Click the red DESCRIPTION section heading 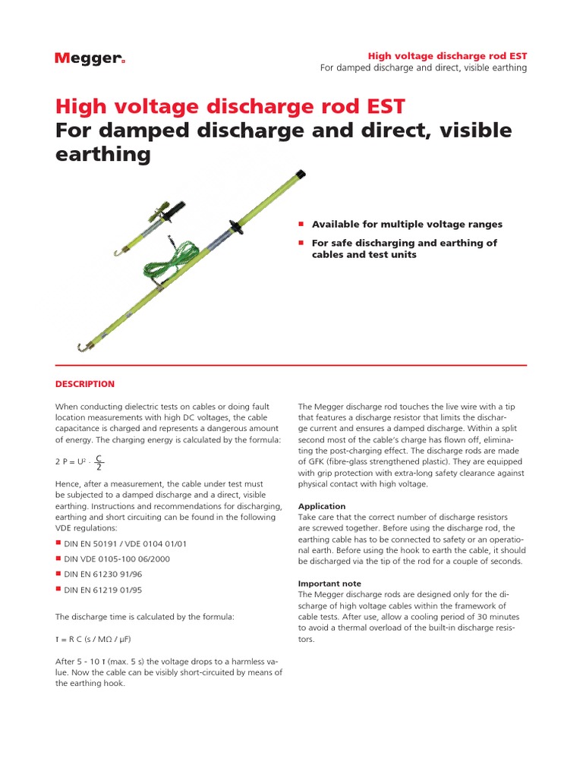[x=84, y=384]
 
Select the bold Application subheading [x=322, y=506]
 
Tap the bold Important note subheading [x=329, y=584]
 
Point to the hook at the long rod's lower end [x=83, y=346]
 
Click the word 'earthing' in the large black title [x=103, y=155]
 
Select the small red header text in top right [x=447, y=56]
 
